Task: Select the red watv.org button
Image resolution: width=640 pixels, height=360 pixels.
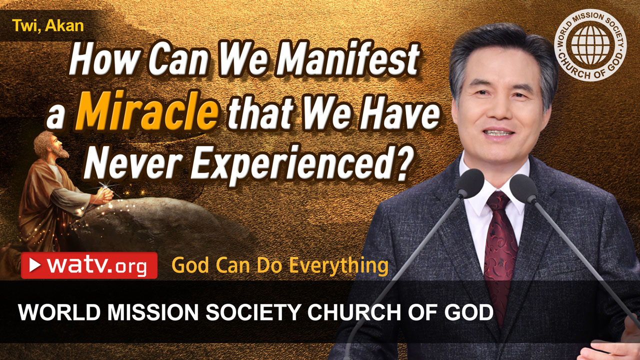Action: click(89, 265)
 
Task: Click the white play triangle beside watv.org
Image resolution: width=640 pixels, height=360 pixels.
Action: click(35, 265)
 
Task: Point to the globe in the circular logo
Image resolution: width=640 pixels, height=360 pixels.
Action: click(590, 45)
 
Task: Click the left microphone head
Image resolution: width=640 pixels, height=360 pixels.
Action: click(470, 182)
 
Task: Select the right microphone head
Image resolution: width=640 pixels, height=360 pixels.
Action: click(523, 187)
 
